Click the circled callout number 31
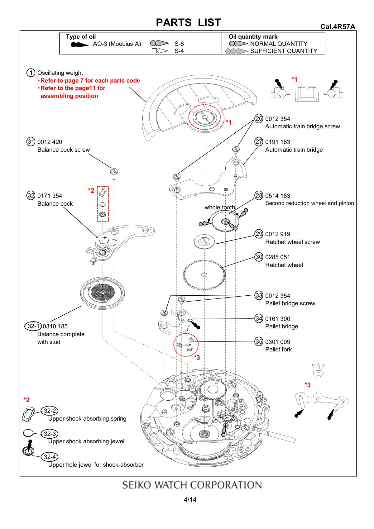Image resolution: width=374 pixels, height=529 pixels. [31, 142]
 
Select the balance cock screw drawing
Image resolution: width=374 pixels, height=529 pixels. [114, 172]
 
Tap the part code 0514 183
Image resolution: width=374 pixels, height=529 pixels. [277, 196]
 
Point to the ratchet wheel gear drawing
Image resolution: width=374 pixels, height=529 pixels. [204, 274]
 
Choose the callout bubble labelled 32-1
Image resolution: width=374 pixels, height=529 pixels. [33, 326]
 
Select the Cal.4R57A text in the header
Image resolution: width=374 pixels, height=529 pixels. [338, 27]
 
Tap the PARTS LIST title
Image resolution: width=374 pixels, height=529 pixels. [188, 22]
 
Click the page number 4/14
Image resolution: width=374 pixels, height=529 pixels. [190, 500]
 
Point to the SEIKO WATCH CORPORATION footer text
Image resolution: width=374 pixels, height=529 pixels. [192, 485]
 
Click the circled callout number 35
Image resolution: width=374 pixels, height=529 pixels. [259, 341]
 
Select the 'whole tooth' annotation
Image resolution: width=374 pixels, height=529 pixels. [220, 207]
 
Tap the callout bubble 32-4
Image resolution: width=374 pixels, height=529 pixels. [50, 457]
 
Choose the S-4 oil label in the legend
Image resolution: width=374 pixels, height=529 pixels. [179, 51]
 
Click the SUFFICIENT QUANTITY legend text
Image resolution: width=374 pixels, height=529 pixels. [283, 51]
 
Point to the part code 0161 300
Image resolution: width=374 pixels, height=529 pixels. [277, 319]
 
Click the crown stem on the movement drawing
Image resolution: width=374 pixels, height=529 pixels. [280, 435]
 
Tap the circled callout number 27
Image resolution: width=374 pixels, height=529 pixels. [259, 142]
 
